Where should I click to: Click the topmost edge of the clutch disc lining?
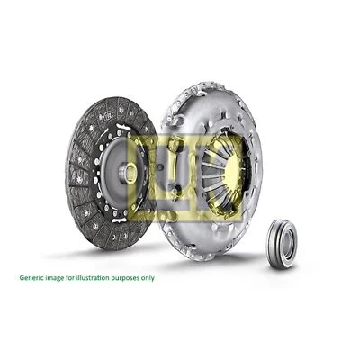click(x=112, y=98)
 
